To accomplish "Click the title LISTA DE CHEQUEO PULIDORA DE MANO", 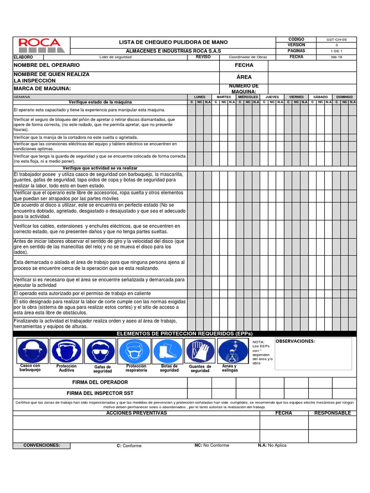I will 173,42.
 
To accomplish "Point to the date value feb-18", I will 337,57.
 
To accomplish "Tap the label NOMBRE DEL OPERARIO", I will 47,65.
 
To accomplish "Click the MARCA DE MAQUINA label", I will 42,89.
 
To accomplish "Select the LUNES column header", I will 199,97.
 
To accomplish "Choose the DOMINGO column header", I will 344,97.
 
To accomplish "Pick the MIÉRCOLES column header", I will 248,97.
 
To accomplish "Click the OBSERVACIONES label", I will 295,341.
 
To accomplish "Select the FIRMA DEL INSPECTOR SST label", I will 100,393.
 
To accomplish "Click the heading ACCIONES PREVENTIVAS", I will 136,413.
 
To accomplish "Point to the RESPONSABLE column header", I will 332,413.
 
